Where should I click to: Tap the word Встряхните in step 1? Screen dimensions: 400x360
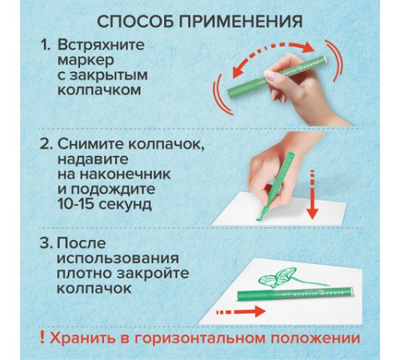[x=101, y=45]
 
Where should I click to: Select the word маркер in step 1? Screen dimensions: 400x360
[x=86, y=61]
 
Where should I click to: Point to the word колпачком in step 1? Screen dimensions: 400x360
[x=99, y=90]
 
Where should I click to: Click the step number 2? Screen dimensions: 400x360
[x=46, y=144]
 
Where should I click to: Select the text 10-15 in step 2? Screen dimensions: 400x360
[x=76, y=204]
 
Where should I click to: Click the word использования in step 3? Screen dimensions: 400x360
[x=118, y=258]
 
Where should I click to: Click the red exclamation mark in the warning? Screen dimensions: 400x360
[x=42, y=338]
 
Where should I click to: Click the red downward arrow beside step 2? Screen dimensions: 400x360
[x=313, y=194]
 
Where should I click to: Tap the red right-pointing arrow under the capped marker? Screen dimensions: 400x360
[x=241, y=311]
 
